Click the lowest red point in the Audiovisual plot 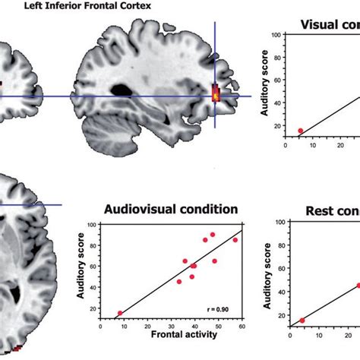[x=119, y=313]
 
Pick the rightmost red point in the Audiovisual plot [x=235, y=240]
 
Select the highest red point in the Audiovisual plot [x=212, y=235]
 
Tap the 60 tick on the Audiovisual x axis [x=241, y=327]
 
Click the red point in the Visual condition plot [x=300, y=131]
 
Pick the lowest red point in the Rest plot [x=302, y=321]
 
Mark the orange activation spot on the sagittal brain [x=215, y=94]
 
